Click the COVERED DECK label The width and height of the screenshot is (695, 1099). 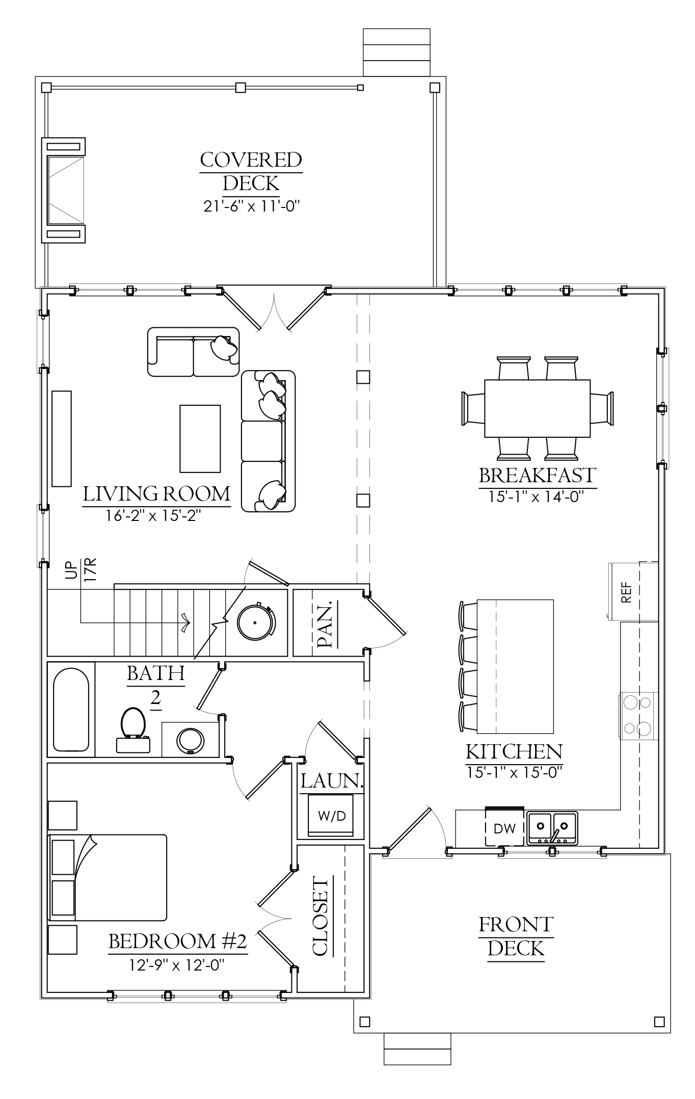click(251, 171)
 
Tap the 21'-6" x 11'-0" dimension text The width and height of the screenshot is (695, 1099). click(251, 206)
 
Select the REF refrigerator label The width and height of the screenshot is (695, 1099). click(627, 592)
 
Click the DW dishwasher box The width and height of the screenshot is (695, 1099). click(505, 828)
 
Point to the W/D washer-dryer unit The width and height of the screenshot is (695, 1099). click(332, 816)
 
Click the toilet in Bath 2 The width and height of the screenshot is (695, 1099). click(133, 730)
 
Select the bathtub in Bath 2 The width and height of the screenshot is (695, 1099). click(71, 710)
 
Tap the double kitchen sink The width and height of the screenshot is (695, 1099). click(552, 828)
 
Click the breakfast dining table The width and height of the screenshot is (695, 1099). click(538, 408)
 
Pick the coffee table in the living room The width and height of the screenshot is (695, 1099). click(200, 438)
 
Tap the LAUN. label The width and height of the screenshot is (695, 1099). click(332, 781)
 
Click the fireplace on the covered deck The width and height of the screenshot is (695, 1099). click(63, 190)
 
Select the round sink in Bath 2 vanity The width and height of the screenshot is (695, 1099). click(191, 740)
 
